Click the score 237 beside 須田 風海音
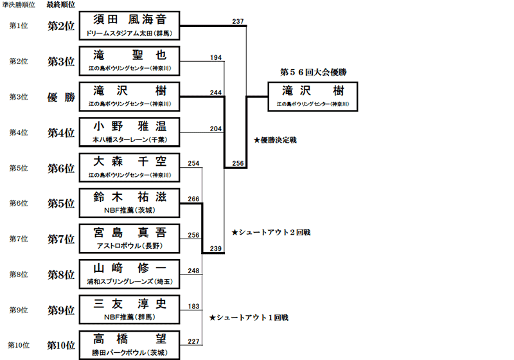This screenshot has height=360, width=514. pyautogui.click(x=238, y=21)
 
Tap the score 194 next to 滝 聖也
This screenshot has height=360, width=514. pyautogui.click(x=216, y=57)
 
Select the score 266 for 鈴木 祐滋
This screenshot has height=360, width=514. pyautogui.click(x=193, y=199)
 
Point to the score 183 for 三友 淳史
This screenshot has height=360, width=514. pyautogui.click(x=193, y=306)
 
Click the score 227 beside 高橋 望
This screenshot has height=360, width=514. pyautogui.click(x=193, y=341)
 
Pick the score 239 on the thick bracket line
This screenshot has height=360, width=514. pyautogui.click(x=216, y=249)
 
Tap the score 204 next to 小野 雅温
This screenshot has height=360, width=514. pyautogui.click(x=216, y=129)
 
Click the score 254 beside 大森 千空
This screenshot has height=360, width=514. pyautogui.click(x=193, y=163)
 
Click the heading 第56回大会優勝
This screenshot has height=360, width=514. pyautogui.click(x=314, y=72)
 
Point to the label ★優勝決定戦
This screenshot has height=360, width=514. pyautogui.click(x=275, y=140)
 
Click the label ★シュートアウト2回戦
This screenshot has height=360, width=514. pyautogui.click(x=270, y=233)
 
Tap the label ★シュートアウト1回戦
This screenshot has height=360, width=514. pyautogui.click(x=249, y=318)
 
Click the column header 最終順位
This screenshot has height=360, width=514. pyautogui.click(x=60, y=4)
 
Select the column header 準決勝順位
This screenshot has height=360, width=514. pyautogui.click(x=19, y=5)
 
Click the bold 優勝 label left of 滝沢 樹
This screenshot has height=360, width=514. pyautogui.click(x=61, y=97)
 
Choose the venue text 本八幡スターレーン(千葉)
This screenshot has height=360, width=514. pyautogui.click(x=130, y=139)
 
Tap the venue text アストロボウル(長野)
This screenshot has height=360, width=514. pyautogui.click(x=130, y=246)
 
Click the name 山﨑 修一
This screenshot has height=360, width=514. pyautogui.click(x=130, y=268)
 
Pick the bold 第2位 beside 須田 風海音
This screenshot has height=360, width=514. pyautogui.click(x=61, y=26)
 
